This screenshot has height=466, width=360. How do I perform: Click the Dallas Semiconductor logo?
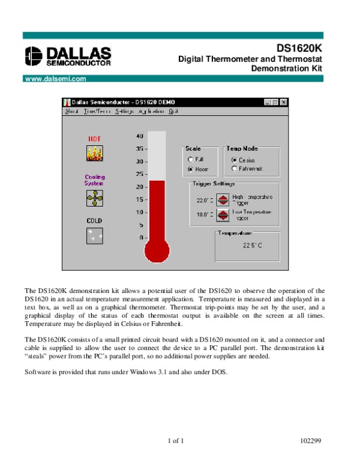pyautogui.click(x=68, y=55)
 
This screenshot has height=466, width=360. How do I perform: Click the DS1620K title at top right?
pyautogui.click(x=299, y=48)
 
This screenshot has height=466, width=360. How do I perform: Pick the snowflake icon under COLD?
pyautogui.click(x=94, y=235)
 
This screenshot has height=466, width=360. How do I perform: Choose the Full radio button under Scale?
pyautogui.click(x=191, y=160)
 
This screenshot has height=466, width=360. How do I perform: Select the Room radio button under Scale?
pyautogui.click(x=191, y=169)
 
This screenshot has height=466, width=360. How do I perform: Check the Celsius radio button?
pyautogui.click(x=233, y=160)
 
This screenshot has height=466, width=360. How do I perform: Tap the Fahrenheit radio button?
pyautogui.click(x=233, y=169)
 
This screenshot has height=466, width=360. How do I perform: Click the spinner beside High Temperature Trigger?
pyautogui.click(x=223, y=200)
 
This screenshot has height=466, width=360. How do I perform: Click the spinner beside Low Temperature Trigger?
pyautogui.click(x=223, y=215)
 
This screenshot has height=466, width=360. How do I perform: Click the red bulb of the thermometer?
pyautogui.click(x=157, y=250)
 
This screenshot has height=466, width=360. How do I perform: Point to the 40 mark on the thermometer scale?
pyautogui.click(x=140, y=136)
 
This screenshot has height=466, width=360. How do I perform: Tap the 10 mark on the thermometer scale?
pyautogui.click(x=140, y=213)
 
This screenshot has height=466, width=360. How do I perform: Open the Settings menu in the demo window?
pyautogui.click(x=124, y=112)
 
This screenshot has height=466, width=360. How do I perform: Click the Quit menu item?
pyautogui.click(x=173, y=112)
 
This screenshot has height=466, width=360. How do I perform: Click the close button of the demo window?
pyautogui.click(x=284, y=103)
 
